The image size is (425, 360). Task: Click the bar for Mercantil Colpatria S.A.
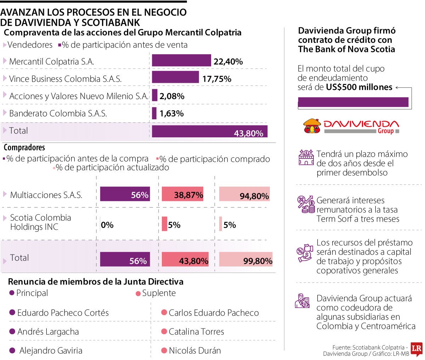coord(181,61)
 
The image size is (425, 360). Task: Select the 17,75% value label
coord(217,79)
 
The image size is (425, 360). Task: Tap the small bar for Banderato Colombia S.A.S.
coord(154,113)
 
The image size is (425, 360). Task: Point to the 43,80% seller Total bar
coord(210,131)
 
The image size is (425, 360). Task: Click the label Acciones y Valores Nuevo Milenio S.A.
coord(79,96)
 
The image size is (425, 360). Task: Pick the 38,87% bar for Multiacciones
coord(182,194)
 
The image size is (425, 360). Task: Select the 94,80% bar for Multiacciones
coord(244,194)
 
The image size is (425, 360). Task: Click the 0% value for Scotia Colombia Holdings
coord(107,225)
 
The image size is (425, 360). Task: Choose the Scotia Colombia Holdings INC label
coord(40,222)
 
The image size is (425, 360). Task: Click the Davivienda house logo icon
coord(312,126)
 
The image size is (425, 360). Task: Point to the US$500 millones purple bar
coord(353,102)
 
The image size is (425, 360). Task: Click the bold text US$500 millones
coord(359,87)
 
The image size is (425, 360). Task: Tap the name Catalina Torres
coord(196,332)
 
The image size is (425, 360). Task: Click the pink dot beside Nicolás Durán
coord(164,351)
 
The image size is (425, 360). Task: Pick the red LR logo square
coord(416,349)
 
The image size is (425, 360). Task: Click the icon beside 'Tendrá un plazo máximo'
coord(306,158)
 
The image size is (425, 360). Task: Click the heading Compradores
coord(24,148)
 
